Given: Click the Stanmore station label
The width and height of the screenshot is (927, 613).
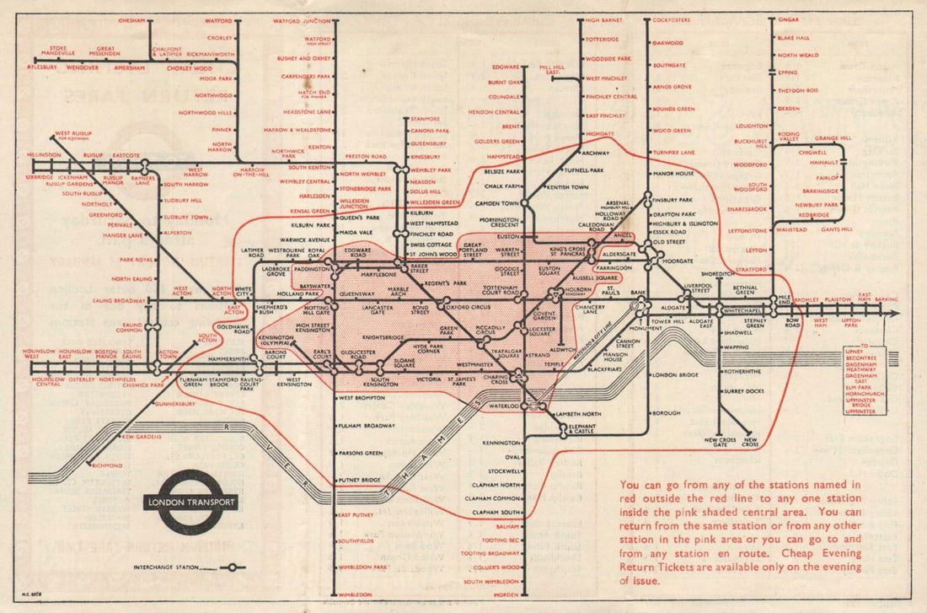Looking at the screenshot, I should (x=427, y=119).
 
